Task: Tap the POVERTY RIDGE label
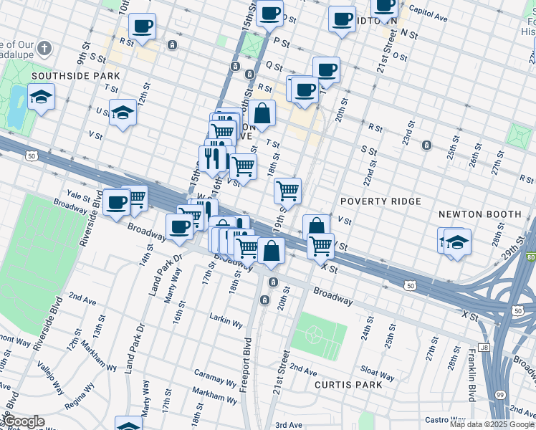pos(380,201)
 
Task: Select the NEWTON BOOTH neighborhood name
pos(479,214)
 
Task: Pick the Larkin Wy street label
pos(227,319)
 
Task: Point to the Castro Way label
pos(446,419)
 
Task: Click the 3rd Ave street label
pos(289,425)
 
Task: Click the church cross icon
pos(44,49)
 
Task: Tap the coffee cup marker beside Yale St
pos(116,201)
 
